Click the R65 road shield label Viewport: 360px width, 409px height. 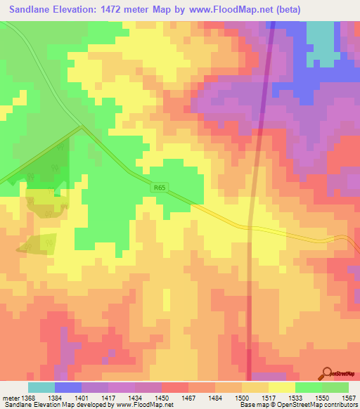(x=161, y=187)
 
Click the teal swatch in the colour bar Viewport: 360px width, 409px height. (x=41, y=387)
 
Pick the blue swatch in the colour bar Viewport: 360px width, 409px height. (x=68, y=387)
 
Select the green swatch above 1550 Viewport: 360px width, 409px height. (x=309, y=387)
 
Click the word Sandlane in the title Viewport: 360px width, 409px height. (x=29, y=10)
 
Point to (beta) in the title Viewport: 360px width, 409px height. (x=288, y=10)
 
